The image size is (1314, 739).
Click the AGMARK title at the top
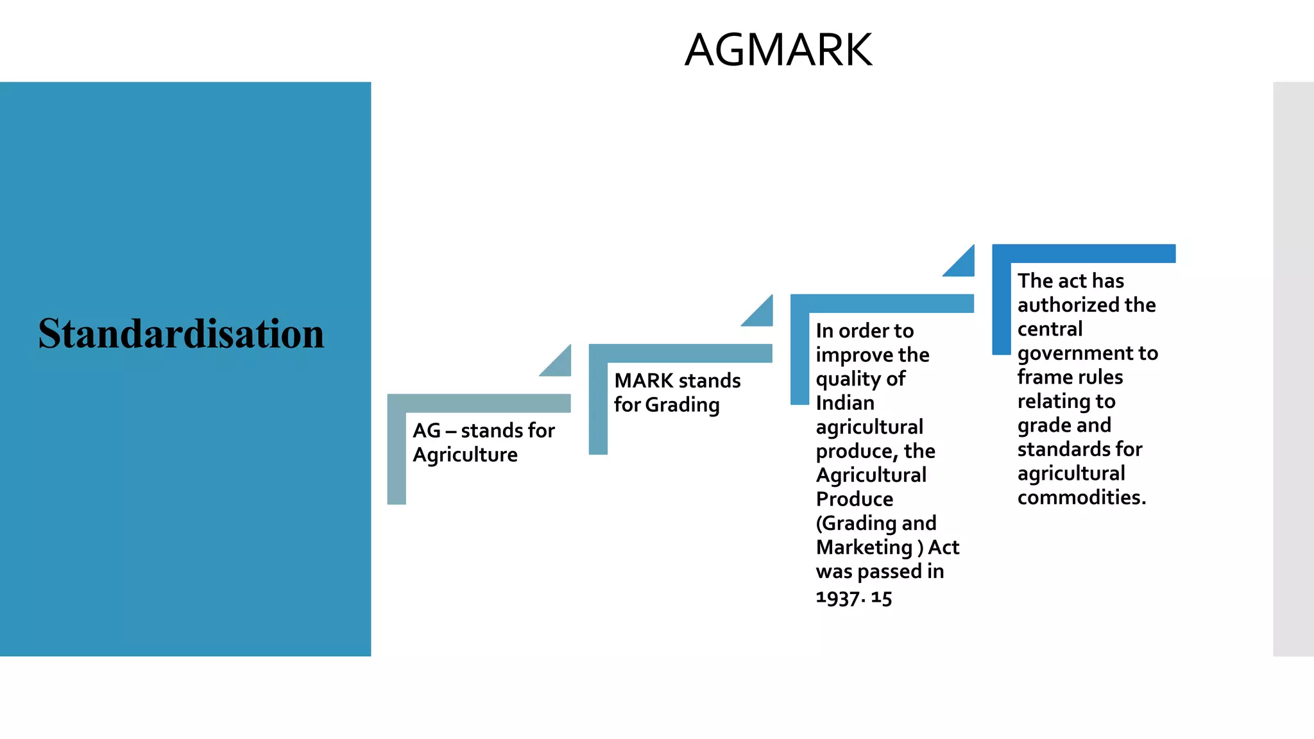coord(778,50)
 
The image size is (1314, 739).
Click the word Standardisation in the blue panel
coord(181,334)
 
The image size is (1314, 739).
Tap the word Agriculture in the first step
coord(465,455)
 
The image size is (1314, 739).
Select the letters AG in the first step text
coord(427,430)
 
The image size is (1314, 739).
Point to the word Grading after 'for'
coord(682,405)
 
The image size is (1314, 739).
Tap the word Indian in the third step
coord(845,403)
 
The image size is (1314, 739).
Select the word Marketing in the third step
coord(864,547)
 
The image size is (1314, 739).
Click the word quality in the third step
coord(848,379)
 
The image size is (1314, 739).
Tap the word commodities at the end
coord(1081,497)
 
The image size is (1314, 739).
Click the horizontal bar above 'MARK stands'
coord(680,353)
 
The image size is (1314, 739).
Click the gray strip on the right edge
coord(1293,369)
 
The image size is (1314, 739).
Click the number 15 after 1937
coord(882,598)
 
